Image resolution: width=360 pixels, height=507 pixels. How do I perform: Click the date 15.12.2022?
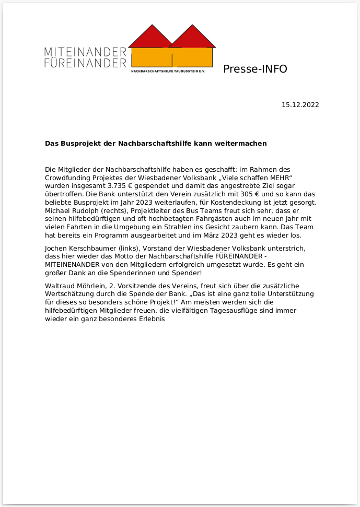(x=300, y=104)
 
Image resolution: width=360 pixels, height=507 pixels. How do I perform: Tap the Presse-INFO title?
(x=255, y=69)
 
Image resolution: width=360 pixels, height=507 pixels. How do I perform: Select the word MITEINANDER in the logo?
(x=86, y=52)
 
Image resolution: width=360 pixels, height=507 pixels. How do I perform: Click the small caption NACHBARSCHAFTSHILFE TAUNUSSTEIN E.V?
(x=168, y=71)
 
